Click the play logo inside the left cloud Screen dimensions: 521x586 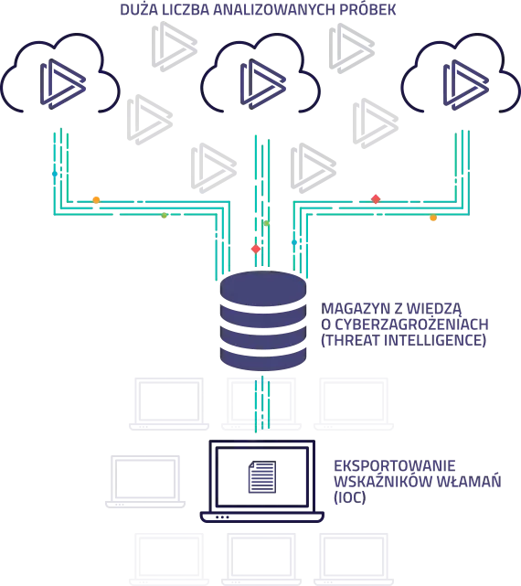pos(63,84)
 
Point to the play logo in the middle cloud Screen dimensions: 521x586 pos(263,84)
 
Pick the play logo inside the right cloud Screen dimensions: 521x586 pos(465,85)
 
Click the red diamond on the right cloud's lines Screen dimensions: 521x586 pos(376,199)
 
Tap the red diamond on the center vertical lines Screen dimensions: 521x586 pos(256,249)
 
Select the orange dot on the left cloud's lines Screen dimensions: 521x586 pos(96,200)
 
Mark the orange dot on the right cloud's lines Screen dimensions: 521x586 pos(433,218)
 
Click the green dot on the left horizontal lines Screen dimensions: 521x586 pos(164,215)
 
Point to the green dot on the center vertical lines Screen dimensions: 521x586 pos(266,223)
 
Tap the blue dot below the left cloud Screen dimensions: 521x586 pos(55,174)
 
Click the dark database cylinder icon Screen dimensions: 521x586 pos(263,321)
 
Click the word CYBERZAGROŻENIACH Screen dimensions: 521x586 pos(412,325)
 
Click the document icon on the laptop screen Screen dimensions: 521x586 pos(262,477)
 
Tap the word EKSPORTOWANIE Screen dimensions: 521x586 pos(395,466)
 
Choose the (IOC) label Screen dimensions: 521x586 pos(349,497)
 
